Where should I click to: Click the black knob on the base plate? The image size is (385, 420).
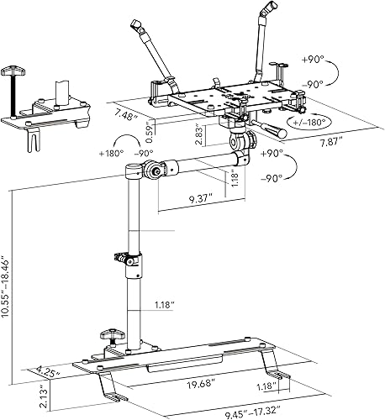click(x=109, y=335)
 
